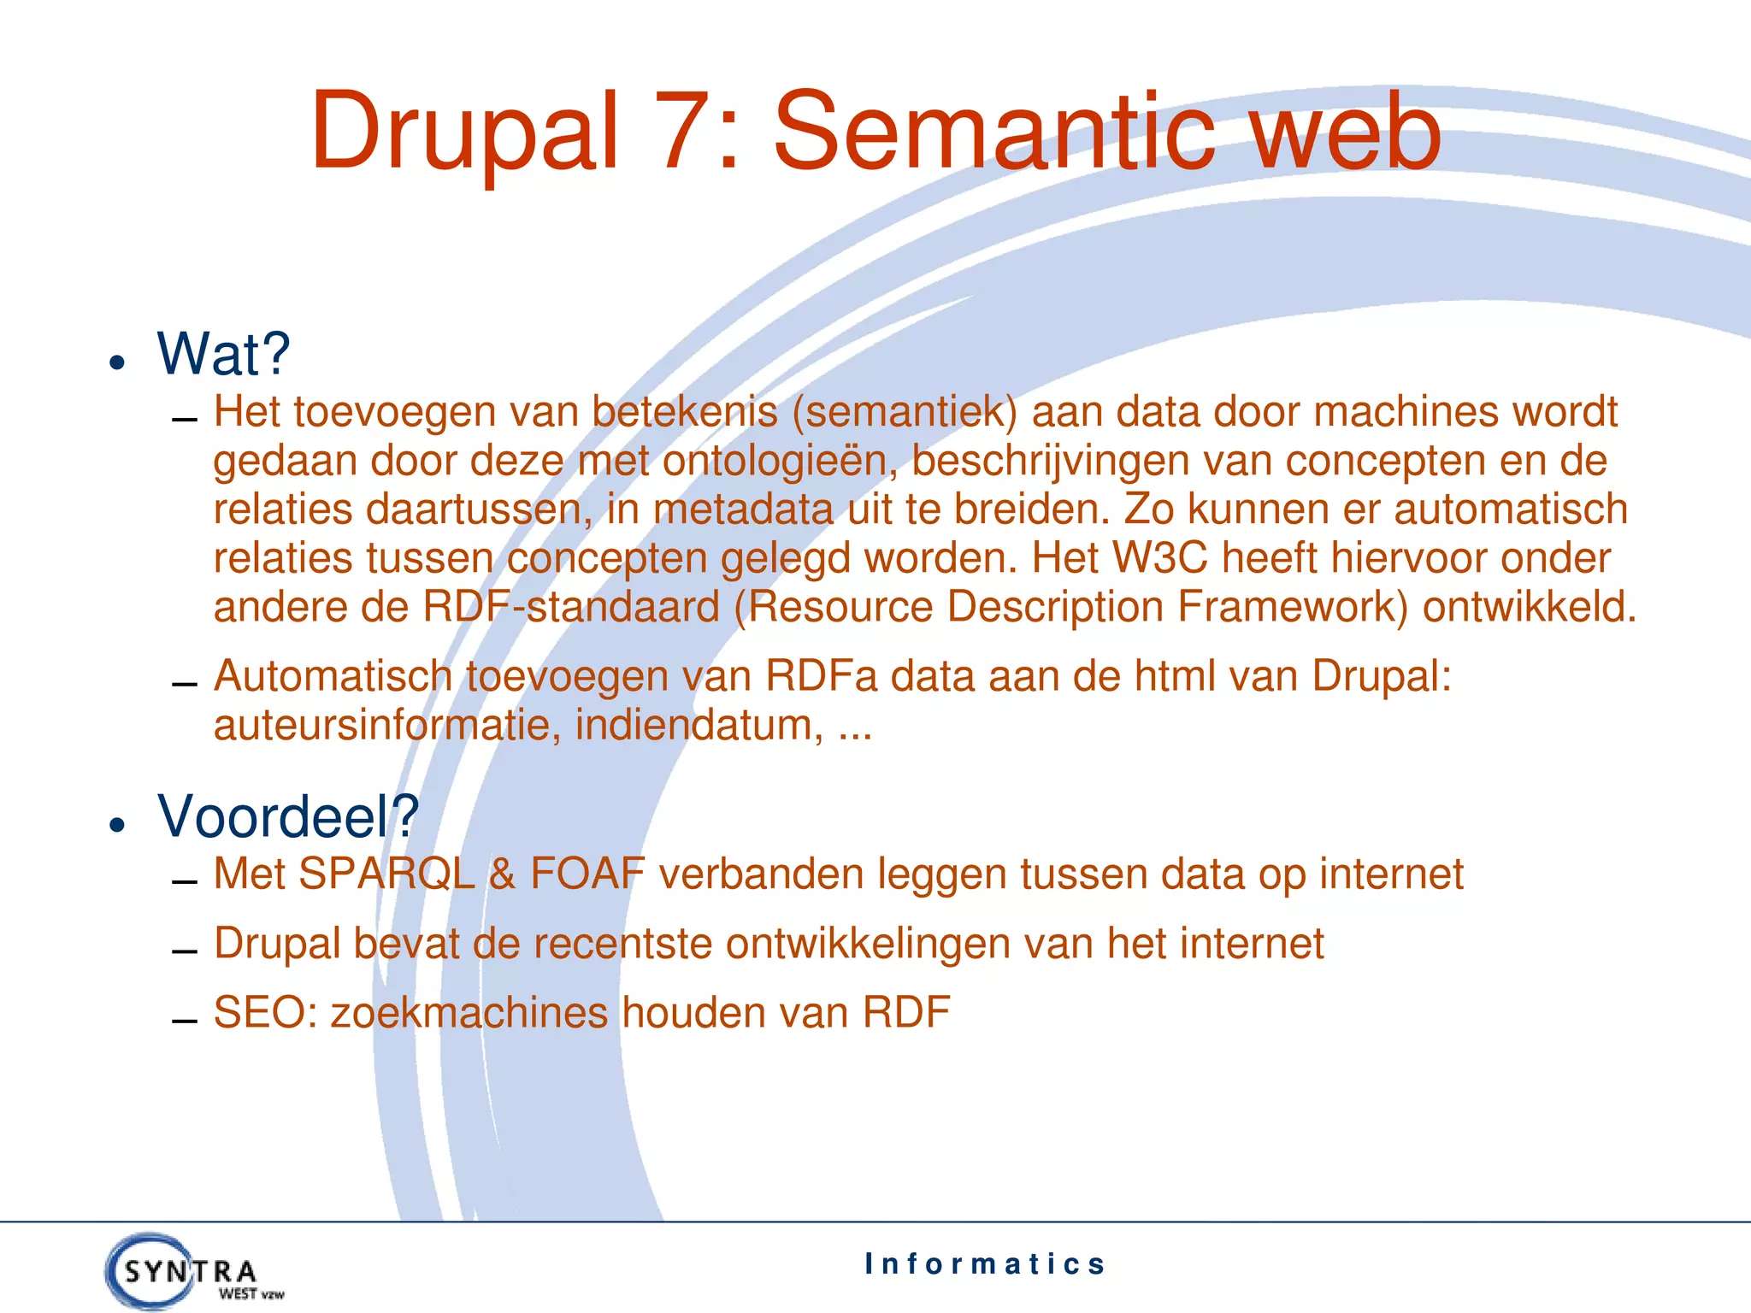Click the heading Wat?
click(224, 354)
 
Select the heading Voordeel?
click(288, 816)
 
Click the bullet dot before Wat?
click(118, 362)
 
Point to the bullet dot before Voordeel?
click(118, 825)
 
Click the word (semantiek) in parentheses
click(905, 412)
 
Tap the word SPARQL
click(386, 874)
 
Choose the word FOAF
click(587, 874)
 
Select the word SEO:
click(265, 1013)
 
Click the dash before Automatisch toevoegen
click(184, 685)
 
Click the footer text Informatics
click(984, 1263)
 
